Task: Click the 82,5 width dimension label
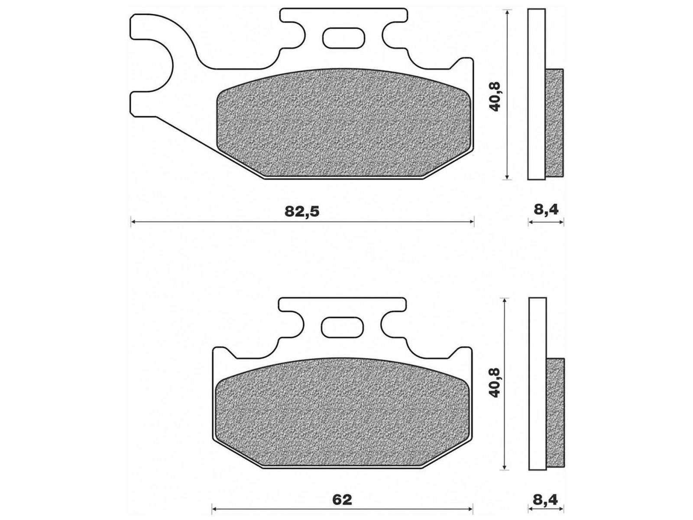[302, 211]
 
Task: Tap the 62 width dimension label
[342, 500]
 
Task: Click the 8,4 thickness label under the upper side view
[546, 209]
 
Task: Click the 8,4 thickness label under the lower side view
[546, 500]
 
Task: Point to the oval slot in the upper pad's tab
[343, 38]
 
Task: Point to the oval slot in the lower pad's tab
[342, 327]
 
